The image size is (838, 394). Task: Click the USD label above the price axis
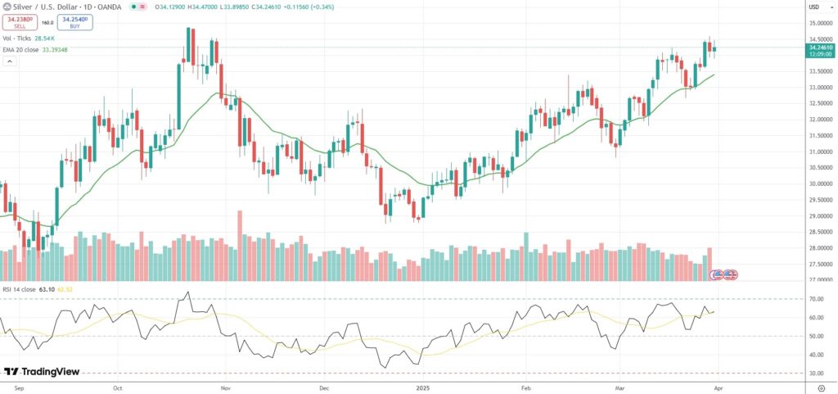[814, 7]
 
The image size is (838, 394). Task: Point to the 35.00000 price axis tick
[819, 23]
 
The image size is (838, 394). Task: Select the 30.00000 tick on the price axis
[819, 183]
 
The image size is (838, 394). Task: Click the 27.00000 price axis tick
[819, 280]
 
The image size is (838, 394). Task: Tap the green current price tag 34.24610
[820, 49]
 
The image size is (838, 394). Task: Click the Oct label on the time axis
[117, 386]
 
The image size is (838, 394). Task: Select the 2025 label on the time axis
[423, 386]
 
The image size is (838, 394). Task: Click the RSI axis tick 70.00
[815, 299]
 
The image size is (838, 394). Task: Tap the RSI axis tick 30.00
[815, 374]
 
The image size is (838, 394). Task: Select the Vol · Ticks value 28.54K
[44, 38]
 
